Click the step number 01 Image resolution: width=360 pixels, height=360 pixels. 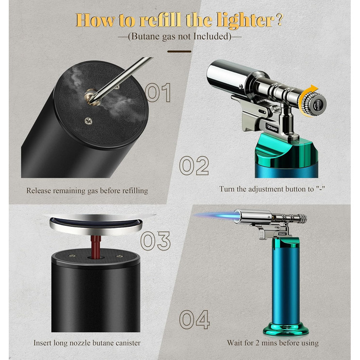click(x=158, y=93)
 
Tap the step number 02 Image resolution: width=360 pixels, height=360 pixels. click(x=194, y=166)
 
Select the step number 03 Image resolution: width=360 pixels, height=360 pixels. click(x=155, y=241)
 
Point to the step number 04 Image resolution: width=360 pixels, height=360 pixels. click(x=194, y=319)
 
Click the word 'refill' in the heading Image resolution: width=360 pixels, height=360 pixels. click(x=160, y=20)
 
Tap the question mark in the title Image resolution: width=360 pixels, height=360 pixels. click(x=279, y=20)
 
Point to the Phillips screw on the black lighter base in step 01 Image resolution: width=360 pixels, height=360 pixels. click(x=88, y=120)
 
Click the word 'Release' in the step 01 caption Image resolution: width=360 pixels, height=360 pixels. click(x=38, y=191)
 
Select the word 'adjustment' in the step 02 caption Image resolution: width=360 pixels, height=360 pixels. click(x=266, y=189)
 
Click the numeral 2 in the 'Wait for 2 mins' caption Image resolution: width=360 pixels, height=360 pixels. click(x=258, y=343)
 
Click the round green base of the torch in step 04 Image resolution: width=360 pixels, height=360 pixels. click(x=286, y=329)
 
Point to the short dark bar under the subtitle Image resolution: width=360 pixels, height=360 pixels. click(x=179, y=51)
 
